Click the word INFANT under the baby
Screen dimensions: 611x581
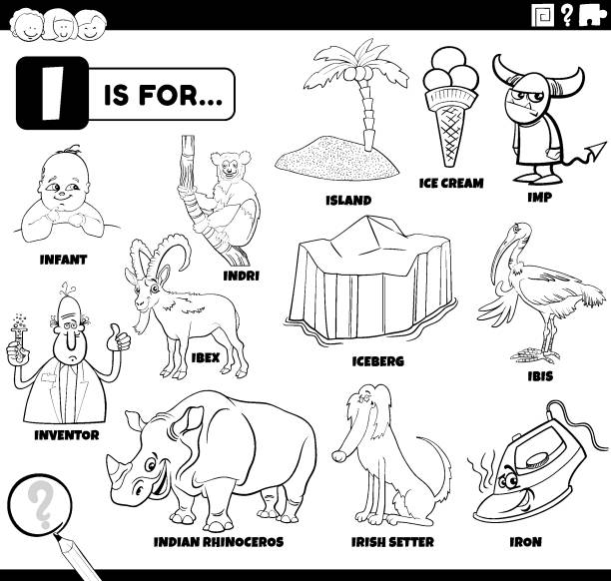(63, 260)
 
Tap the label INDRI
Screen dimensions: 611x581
(242, 276)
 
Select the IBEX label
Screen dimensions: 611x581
(206, 357)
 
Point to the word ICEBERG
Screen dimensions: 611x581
(378, 361)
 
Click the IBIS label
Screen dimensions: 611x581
(540, 376)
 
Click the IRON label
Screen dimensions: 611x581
(526, 542)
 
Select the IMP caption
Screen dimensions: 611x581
(540, 198)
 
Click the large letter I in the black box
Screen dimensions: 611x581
(52, 93)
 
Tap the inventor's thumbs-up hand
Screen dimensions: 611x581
(118, 337)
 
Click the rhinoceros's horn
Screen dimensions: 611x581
(114, 470)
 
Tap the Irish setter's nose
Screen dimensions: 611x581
(337, 455)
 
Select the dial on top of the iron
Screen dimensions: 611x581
(541, 460)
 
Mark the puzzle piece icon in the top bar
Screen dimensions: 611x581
(592, 15)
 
